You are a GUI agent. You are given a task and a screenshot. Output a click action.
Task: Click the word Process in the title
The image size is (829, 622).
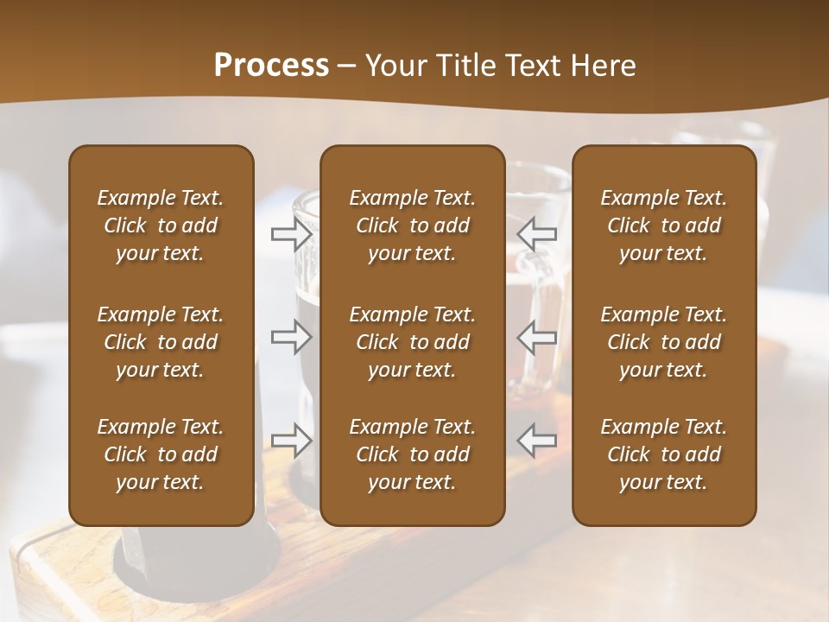click(271, 66)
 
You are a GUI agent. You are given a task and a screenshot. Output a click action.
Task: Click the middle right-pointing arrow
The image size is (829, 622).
click(291, 337)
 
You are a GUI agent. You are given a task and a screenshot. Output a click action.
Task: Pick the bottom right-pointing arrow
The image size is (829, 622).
click(291, 440)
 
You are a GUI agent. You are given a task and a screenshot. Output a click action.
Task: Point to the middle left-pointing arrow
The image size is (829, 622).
click(537, 337)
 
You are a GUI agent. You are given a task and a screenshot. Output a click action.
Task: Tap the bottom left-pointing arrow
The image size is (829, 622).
click(537, 440)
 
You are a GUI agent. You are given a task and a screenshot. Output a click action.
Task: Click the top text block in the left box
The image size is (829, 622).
click(161, 225)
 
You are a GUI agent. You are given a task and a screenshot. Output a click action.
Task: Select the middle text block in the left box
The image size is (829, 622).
click(161, 342)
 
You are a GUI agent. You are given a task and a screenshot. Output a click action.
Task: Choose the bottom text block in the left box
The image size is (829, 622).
click(161, 454)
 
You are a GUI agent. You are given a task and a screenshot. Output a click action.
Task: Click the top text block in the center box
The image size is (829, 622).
click(412, 225)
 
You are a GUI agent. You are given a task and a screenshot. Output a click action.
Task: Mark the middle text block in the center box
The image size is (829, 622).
click(412, 342)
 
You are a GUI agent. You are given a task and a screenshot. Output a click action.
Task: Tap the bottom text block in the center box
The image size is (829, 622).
click(412, 454)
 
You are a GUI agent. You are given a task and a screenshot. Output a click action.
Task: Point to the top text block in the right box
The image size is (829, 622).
click(663, 225)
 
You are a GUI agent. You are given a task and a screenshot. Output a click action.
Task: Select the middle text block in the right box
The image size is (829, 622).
click(663, 342)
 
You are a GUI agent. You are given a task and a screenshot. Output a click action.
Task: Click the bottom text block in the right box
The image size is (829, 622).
click(663, 454)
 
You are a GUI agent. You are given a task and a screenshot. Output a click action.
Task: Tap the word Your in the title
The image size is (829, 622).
click(394, 66)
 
